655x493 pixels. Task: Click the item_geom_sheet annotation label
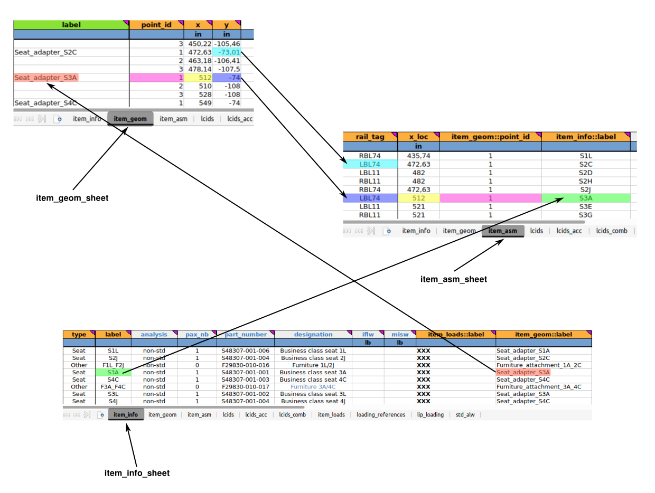72,198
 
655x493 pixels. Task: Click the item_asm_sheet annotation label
453,279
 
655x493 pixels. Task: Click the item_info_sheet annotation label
137,473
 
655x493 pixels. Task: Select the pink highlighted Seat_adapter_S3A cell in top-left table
46,78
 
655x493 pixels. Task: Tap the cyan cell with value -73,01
227,52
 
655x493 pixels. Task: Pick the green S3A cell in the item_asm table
585,198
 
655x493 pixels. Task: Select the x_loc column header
418,137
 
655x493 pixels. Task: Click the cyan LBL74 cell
370,164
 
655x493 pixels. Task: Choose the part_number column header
245,334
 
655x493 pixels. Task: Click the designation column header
313,334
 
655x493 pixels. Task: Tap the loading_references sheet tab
381,415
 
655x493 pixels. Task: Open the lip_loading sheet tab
430,415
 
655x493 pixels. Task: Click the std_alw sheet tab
465,415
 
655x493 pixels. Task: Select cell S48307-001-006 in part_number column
245,350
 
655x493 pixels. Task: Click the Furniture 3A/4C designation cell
313,386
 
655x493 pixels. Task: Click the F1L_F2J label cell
113,365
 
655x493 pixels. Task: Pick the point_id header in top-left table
156,25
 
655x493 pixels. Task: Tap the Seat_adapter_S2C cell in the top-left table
42,52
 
